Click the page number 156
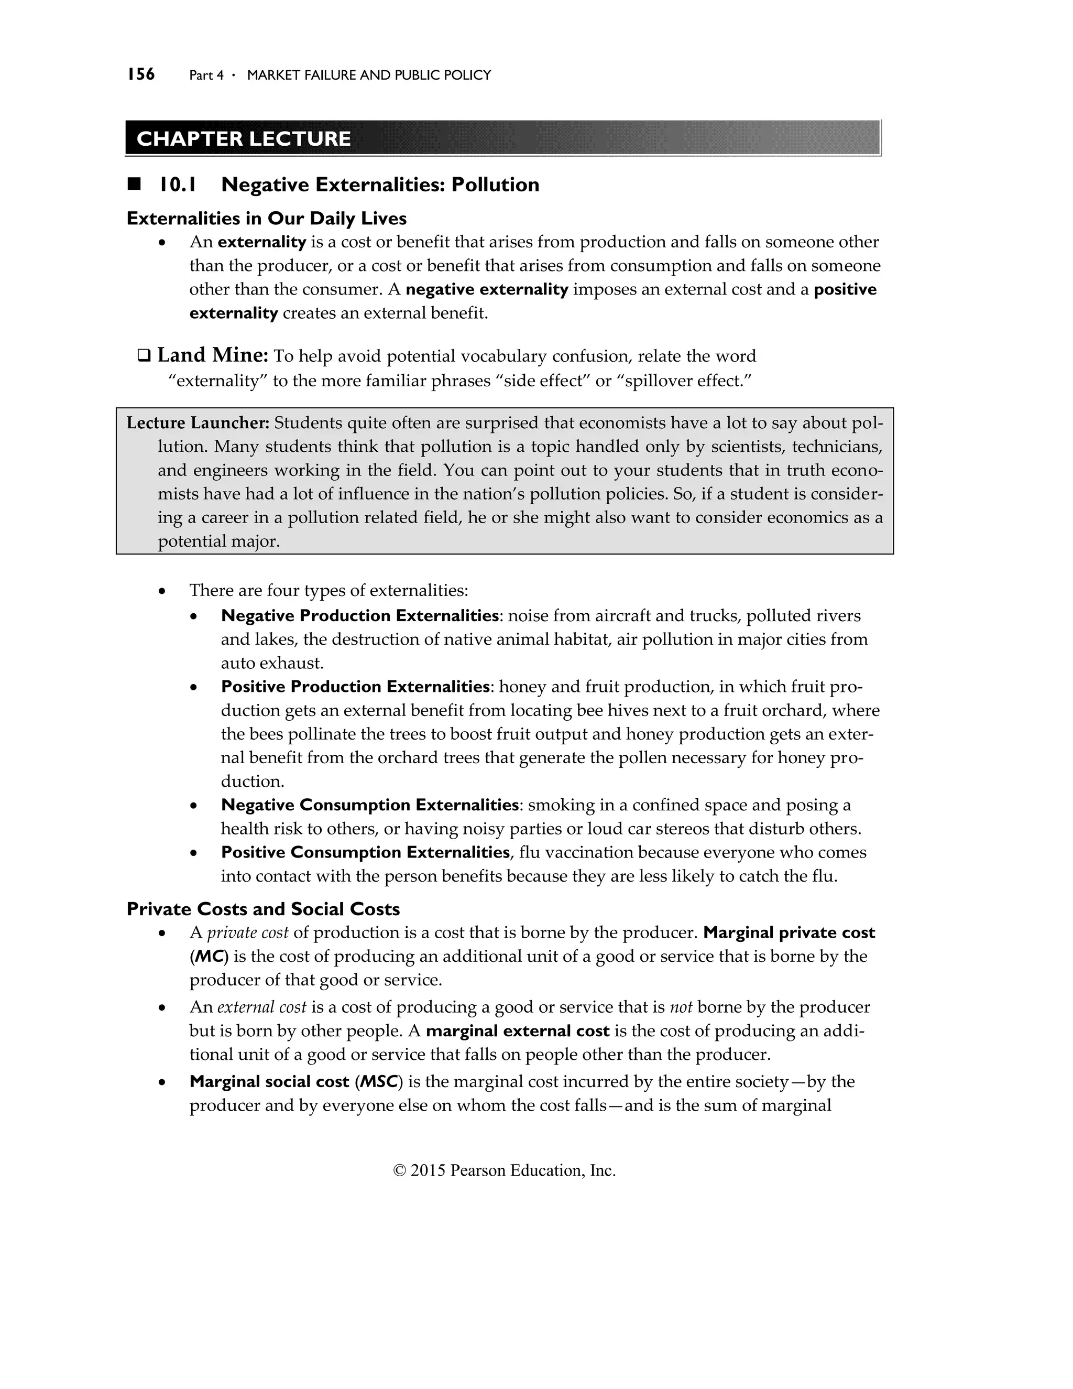coord(140,74)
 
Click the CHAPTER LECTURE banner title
coord(244,139)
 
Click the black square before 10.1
coord(134,185)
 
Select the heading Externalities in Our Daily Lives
coord(266,218)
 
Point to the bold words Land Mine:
coord(213,355)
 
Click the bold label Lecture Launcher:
coord(199,423)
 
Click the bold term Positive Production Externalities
coord(355,686)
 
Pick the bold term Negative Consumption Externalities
coord(369,805)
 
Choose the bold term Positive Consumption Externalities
coord(365,852)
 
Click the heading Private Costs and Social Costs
coord(263,909)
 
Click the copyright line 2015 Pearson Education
coord(505,1171)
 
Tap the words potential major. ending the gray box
coord(218,541)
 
